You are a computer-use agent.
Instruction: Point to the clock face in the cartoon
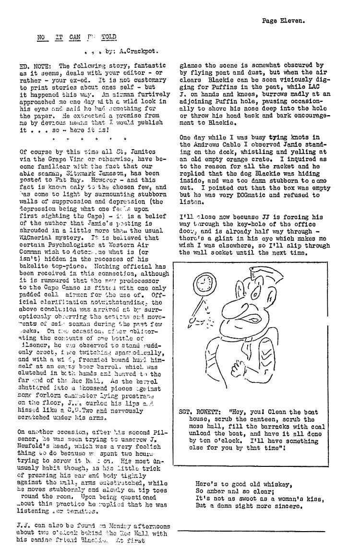pos(204,286)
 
